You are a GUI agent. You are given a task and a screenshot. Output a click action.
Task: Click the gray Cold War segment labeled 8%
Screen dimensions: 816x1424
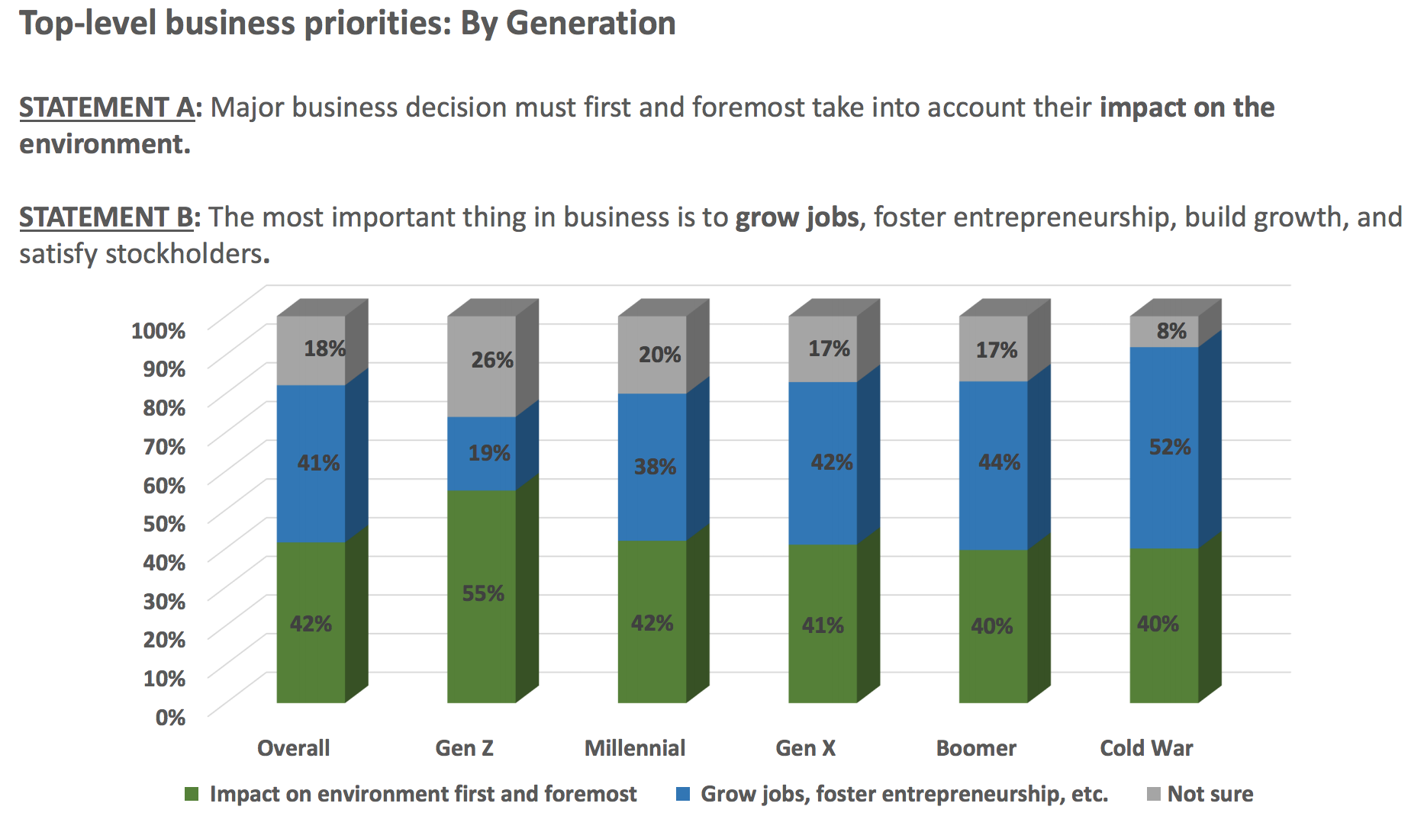point(1164,332)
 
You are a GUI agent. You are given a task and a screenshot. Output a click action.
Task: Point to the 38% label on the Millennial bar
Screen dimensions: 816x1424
point(655,467)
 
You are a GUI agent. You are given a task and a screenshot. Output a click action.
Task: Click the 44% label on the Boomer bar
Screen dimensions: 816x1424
point(999,462)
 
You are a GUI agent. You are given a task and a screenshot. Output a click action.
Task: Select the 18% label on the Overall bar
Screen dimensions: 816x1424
point(324,349)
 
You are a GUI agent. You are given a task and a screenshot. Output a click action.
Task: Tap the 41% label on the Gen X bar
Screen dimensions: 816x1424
point(823,626)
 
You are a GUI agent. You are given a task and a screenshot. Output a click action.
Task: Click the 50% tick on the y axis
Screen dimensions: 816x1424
point(164,524)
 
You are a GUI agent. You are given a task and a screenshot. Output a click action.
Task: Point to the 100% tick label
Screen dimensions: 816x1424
point(158,331)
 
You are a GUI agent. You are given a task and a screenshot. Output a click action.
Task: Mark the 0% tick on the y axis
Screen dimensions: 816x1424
point(170,718)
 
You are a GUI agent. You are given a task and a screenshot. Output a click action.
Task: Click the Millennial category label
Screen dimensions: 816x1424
point(635,748)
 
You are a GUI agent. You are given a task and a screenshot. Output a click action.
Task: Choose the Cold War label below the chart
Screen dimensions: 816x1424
point(1146,748)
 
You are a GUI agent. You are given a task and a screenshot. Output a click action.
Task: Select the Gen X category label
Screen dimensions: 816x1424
point(805,748)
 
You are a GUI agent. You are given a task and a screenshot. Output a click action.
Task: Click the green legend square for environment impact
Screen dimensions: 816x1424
point(192,794)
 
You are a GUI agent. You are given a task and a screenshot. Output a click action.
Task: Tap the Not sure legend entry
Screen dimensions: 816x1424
point(1210,794)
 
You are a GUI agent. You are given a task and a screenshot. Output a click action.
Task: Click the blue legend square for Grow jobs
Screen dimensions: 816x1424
point(683,794)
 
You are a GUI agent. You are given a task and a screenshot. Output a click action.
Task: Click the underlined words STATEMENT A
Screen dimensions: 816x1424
point(107,108)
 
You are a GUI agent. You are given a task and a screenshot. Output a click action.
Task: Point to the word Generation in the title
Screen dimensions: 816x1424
point(591,23)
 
